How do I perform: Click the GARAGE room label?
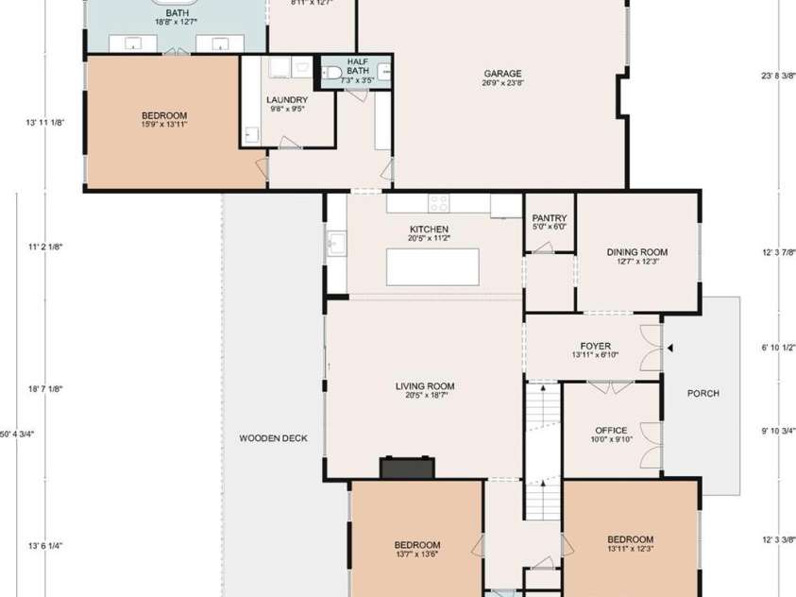[502, 74]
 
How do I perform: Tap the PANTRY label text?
[549, 218]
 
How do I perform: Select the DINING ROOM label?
[636, 252]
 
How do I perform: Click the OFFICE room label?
[611, 431]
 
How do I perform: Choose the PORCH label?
[703, 394]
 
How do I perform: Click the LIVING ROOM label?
[425, 385]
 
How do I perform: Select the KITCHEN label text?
[429, 230]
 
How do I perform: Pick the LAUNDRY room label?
[286, 99]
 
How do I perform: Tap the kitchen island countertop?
[432, 265]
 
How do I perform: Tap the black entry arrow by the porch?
[670, 349]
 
